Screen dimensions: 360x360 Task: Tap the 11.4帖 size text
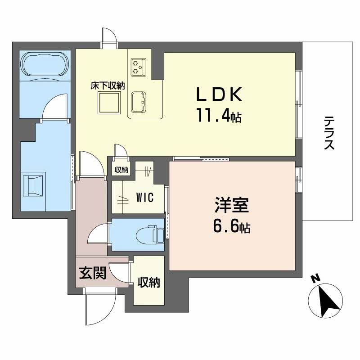219,117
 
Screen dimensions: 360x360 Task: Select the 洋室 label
231,207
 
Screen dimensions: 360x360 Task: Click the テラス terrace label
330,133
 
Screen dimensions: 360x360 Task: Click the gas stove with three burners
137,67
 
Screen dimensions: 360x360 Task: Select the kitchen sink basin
139,101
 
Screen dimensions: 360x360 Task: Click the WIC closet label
144,198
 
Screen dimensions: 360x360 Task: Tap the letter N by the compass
316,279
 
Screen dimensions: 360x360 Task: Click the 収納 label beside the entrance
148,283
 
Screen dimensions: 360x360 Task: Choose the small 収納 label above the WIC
121,170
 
